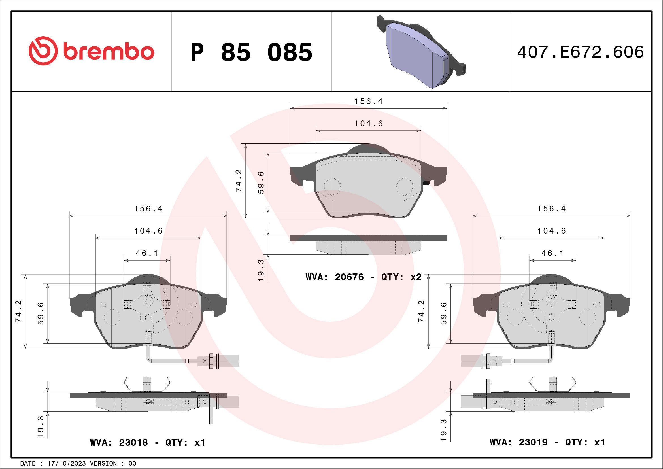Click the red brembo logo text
(108, 52)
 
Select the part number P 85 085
(251, 52)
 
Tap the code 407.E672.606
(581, 52)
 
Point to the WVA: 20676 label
(334, 277)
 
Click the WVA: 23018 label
(119, 442)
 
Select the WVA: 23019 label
(518, 442)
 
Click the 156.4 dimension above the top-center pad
(368, 101)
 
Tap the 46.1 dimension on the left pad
(147, 253)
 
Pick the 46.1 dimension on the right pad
(552, 253)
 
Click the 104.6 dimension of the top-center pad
(368, 124)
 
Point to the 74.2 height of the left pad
(18, 311)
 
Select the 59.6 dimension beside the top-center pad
(261, 182)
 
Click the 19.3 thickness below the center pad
(261, 270)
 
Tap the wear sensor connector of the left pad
(220, 361)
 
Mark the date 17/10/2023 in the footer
(66, 464)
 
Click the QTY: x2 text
(401, 277)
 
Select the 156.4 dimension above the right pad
(551, 209)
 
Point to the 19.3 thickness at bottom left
(41, 426)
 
